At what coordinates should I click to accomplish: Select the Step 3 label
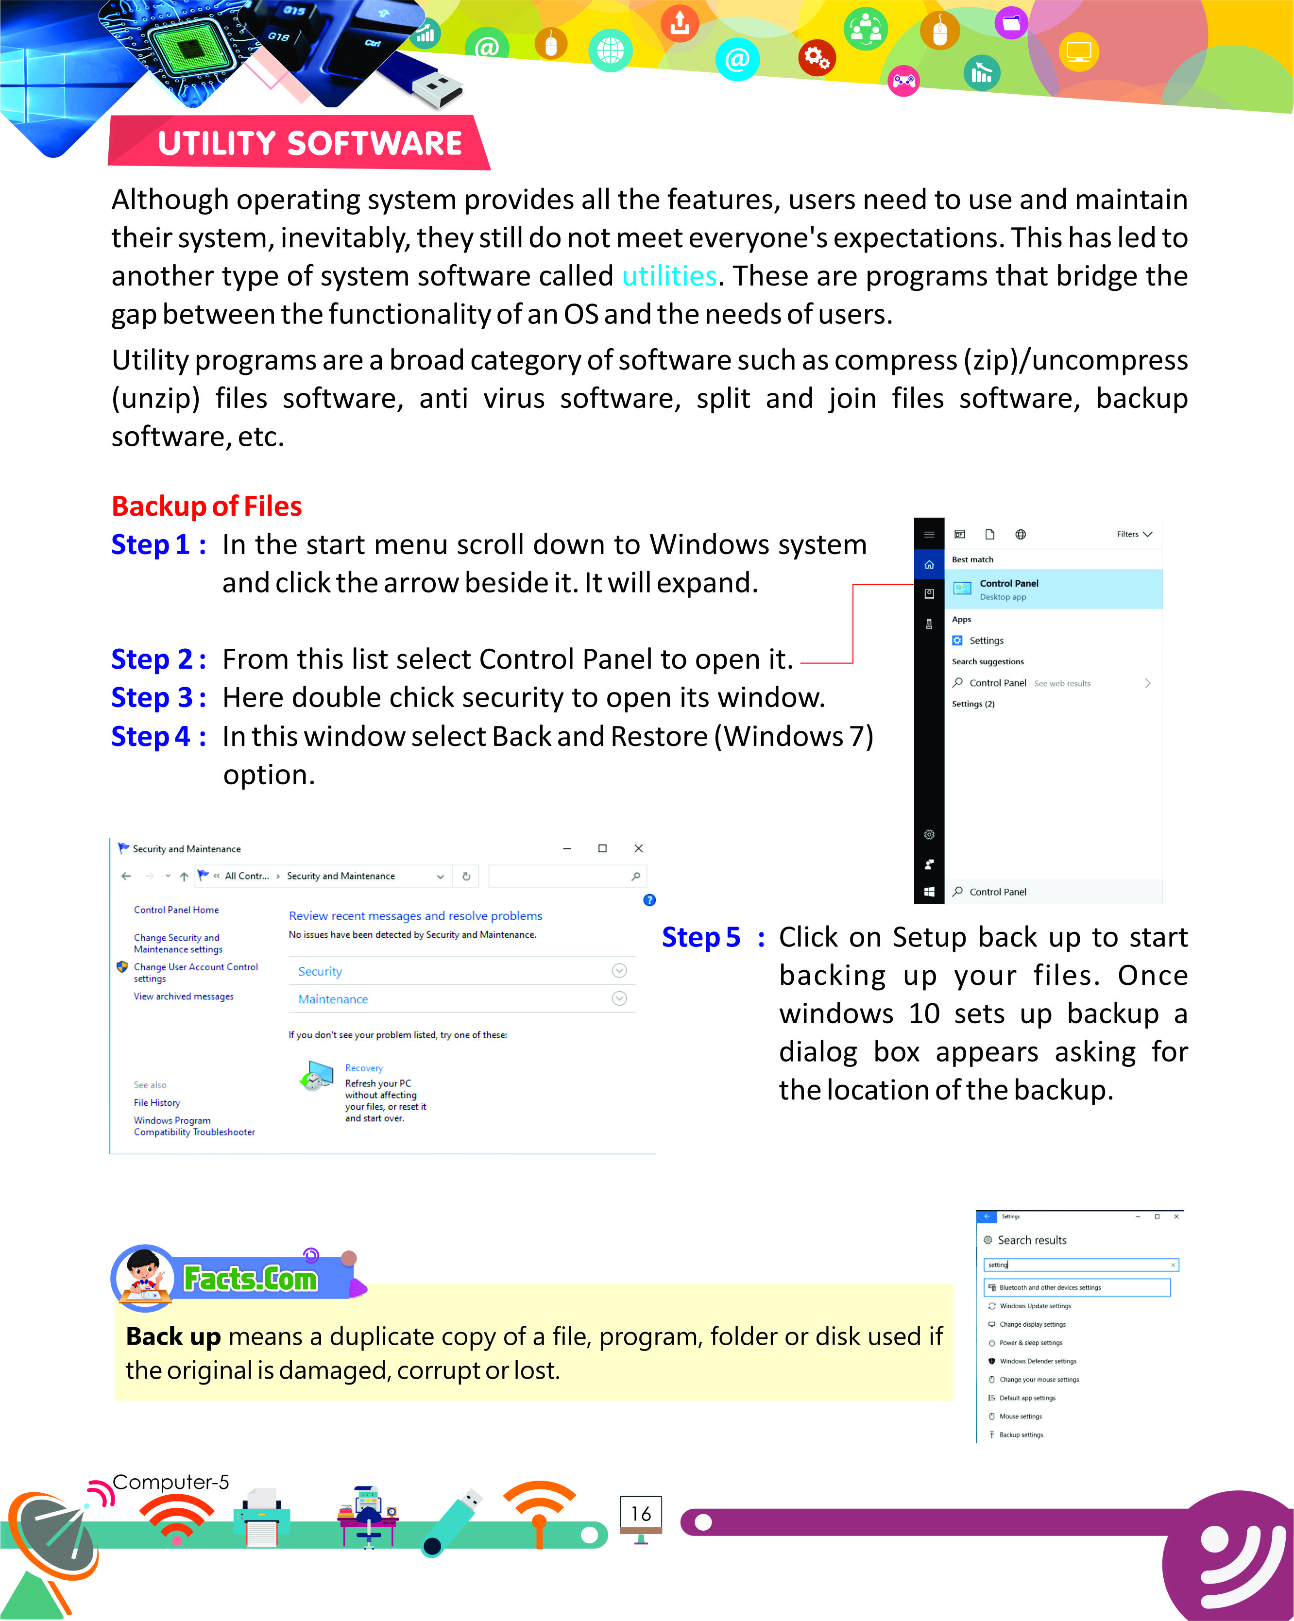pos(157,698)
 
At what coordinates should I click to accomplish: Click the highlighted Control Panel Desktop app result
pos(1053,589)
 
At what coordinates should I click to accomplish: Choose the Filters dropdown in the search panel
pos(1133,535)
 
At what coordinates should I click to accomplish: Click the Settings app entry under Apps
pos(985,641)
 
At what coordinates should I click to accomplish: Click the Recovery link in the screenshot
pos(364,1067)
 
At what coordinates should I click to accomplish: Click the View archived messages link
pos(184,996)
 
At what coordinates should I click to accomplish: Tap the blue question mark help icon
pos(649,900)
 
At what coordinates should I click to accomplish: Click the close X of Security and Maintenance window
pos(638,848)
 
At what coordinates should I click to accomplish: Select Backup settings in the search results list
pos(1021,1435)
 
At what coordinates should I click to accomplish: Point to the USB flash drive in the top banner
pos(421,79)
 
